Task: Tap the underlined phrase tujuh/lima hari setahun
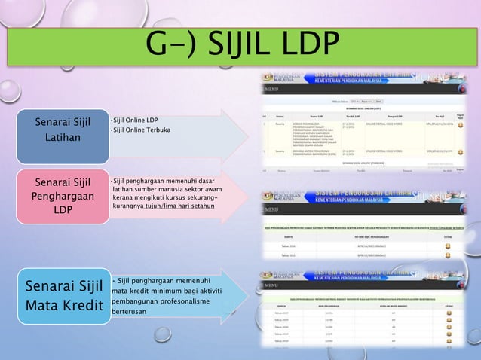tap(176, 206)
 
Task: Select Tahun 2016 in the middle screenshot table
tap(286, 246)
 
